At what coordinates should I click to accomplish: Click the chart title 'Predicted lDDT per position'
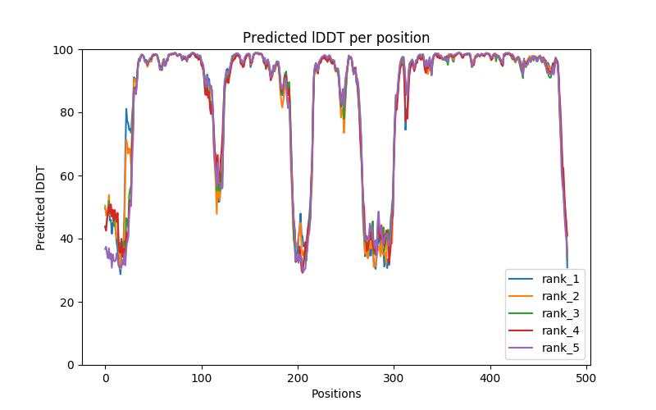(336, 38)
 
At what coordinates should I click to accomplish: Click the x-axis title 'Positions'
(336, 394)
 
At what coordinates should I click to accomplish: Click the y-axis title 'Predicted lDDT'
(41, 207)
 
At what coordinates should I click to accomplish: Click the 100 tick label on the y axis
(64, 50)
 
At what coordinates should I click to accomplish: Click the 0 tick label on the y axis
(71, 365)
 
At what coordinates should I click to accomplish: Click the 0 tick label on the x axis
(105, 378)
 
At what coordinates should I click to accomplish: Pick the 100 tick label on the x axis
(201, 378)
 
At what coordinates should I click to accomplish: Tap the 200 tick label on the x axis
(298, 378)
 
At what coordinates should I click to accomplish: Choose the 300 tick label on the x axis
(394, 378)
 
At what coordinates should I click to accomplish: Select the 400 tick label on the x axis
(490, 378)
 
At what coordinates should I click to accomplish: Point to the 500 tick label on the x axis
(586, 378)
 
